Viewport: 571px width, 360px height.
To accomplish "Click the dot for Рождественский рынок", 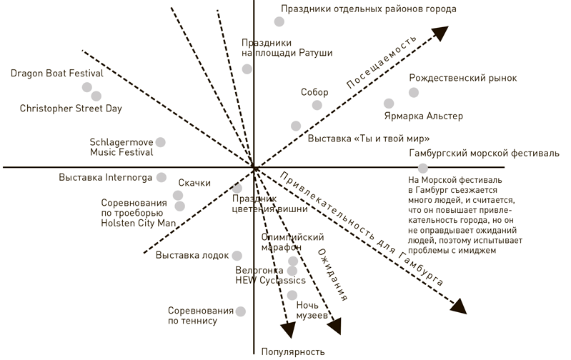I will [414, 92].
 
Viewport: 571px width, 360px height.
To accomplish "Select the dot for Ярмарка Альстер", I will [389, 104].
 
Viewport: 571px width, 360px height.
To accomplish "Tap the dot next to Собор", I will [317, 105].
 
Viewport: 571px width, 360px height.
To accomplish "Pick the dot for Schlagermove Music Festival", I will [160, 142].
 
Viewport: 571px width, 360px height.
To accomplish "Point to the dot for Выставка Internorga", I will [162, 177].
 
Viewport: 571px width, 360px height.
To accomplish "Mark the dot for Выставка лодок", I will [237, 255].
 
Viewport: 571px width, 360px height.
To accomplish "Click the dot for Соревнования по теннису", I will [241, 311].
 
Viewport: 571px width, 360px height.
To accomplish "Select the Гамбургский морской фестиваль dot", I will [423, 168].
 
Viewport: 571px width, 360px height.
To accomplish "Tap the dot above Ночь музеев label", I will [292, 295].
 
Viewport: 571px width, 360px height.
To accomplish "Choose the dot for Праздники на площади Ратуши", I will [247, 69].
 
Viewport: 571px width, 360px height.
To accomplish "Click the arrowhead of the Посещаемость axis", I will [440, 32].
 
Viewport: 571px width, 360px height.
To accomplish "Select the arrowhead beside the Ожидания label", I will [334, 327].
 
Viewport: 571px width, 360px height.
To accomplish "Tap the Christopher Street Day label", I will [71, 109].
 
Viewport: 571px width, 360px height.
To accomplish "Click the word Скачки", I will [194, 183].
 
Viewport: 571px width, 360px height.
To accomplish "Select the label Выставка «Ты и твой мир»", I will [372, 138].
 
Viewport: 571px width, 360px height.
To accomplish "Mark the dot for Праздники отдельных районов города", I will [279, 22].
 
